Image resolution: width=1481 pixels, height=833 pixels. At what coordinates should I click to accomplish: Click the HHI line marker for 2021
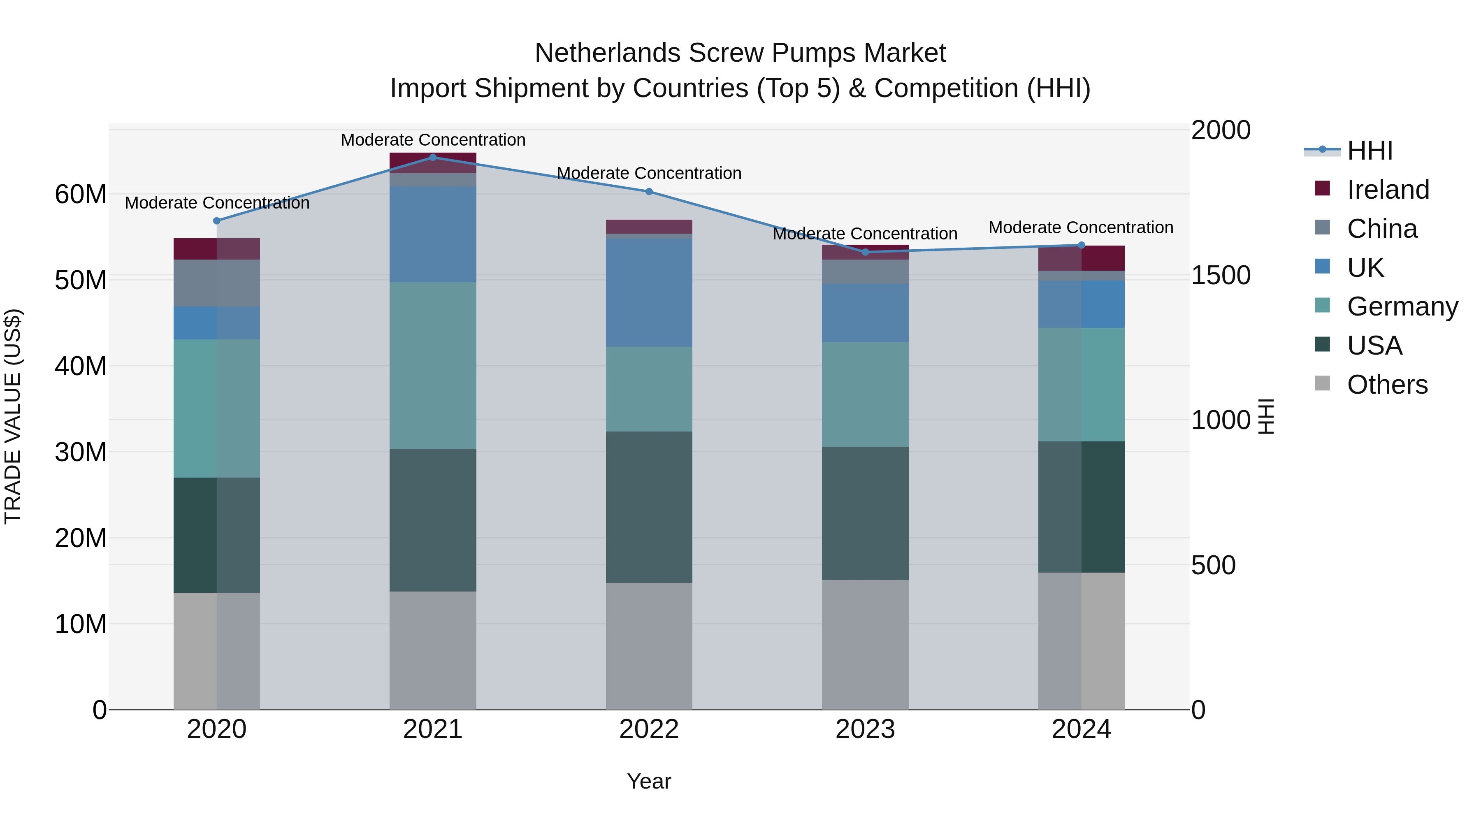(433, 158)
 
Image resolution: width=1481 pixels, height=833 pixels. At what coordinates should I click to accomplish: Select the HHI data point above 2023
(865, 252)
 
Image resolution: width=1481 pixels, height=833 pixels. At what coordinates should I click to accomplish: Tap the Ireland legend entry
(1387, 190)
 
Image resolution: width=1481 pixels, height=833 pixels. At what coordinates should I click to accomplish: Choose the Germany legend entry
(1402, 306)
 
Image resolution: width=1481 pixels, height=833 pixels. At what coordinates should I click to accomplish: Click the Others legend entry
(1387, 385)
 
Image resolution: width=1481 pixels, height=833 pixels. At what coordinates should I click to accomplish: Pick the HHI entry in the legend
(1370, 151)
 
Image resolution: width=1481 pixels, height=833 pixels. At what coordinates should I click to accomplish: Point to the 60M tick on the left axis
(81, 194)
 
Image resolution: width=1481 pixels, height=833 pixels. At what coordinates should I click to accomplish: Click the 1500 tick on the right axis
(1221, 275)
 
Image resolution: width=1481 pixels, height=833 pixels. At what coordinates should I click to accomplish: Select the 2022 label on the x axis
(649, 729)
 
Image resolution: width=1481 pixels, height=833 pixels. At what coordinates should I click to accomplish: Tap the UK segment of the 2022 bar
(649, 292)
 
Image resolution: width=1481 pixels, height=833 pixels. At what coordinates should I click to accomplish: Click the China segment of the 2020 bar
(217, 283)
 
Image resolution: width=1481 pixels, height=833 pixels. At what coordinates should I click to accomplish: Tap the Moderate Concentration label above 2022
(649, 173)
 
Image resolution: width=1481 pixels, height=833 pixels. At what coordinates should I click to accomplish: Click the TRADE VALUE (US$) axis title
(13, 416)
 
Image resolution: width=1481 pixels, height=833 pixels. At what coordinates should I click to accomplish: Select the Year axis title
(649, 781)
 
